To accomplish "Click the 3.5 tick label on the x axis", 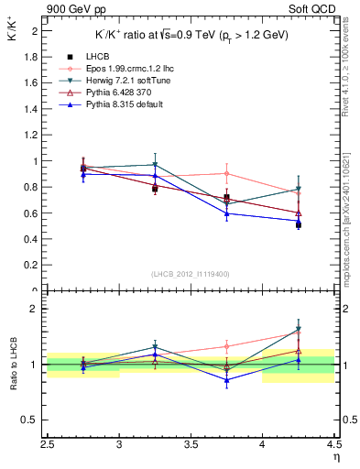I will (191, 447).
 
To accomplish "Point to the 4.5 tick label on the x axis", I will (333, 447).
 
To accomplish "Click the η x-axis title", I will (335, 458).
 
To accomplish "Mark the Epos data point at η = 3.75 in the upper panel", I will (226, 173).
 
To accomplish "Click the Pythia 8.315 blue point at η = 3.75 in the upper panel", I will (226, 213).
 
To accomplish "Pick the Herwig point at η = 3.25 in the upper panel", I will (155, 165).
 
